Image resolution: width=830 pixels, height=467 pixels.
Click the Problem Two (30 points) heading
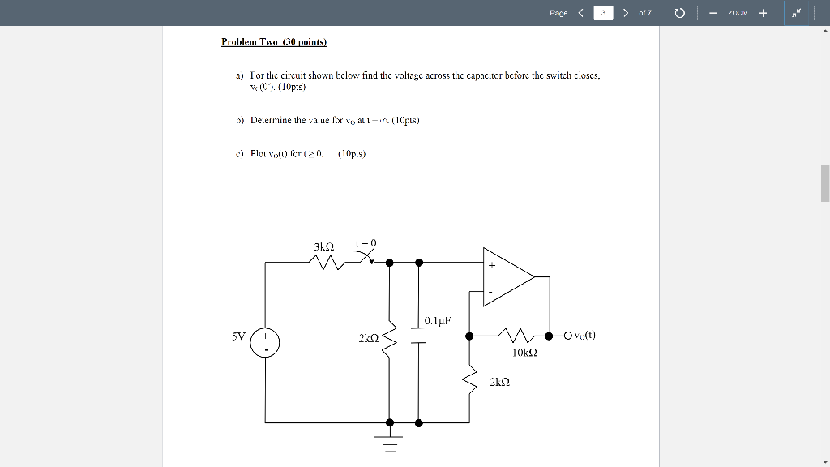[x=273, y=41]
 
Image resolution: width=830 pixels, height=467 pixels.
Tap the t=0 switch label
[x=366, y=242]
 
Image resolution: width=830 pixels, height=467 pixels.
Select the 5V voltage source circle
[x=264, y=342]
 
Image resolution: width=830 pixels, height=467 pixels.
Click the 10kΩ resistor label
[x=524, y=353]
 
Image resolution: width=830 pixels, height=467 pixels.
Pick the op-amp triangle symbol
[x=507, y=277]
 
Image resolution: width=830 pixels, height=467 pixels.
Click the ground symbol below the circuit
[x=390, y=443]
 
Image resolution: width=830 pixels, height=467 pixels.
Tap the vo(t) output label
[x=583, y=336]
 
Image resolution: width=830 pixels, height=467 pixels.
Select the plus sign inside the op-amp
[x=491, y=264]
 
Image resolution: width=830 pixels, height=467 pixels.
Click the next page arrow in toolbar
[x=625, y=13]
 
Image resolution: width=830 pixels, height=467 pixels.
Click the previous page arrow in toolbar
[x=580, y=13]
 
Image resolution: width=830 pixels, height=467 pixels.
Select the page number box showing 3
[x=603, y=13]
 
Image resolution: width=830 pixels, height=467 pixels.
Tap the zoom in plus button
[x=763, y=13]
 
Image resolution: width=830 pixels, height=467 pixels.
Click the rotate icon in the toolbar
[x=680, y=13]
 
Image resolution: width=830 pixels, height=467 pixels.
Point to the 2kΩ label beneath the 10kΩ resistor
[x=501, y=381]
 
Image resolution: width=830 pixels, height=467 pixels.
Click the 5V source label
[x=238, y=334]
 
